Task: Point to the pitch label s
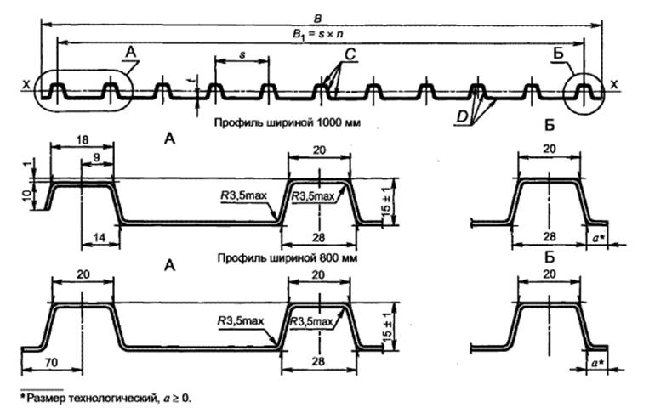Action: pyautogui.click(x=242, y=54)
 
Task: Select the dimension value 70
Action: pyautogui.click(x=50, y=361)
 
